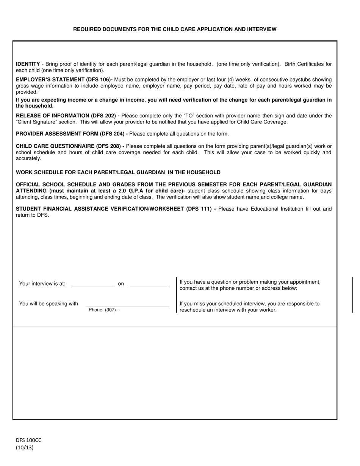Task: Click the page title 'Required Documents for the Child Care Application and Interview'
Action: pyautogui.click(x=175, y=29)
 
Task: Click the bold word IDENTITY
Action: pyautogui.click(x=28, y=64)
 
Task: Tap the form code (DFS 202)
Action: pyautogui.click(x=103, y=116)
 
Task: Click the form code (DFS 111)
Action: pyautogui.click(x=199, y=209)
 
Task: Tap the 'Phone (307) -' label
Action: pyautogui.click(x=103, y=310)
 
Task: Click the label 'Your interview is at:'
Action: pyautogui.click(x=42, y=284)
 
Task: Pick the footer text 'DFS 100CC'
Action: pyautogui.click(x=28, y=440)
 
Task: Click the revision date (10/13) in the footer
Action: pyautogui.click(x=24, y=447)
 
